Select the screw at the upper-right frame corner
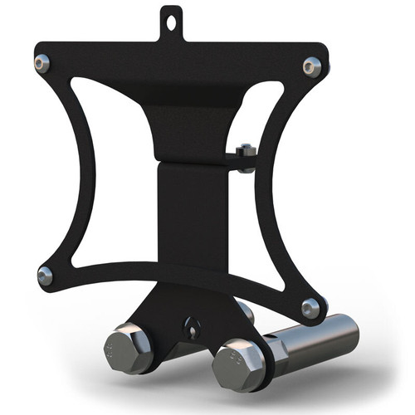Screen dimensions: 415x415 (x=312, y=66)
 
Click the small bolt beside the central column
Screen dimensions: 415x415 (x=244, y=154)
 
